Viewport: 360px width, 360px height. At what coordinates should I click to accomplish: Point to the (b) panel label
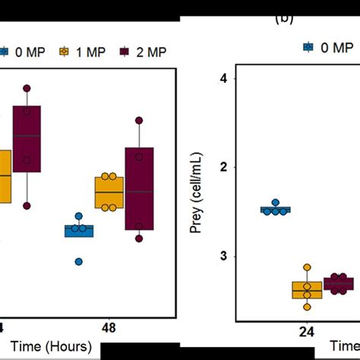pyautogui.click(x=284, y=17)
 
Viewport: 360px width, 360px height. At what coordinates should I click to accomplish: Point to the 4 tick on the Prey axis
pyautogui.click(x=223, y=78)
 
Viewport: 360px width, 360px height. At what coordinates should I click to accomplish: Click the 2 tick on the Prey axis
pyautogui.click(x=223, y=167)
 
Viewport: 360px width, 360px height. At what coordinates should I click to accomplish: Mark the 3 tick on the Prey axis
pyautogui.click(x=223, y=257)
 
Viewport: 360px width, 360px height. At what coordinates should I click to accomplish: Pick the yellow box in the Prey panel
pyautogui.click(x=307, y=289)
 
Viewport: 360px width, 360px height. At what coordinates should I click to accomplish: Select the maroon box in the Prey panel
pyautogui.click(x=339, y=285)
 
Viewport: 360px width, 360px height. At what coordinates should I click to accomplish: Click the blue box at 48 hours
pyautogui.click(x=78, y=230)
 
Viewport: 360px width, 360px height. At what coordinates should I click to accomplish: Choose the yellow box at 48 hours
pyautogui.click(x=109, y=193)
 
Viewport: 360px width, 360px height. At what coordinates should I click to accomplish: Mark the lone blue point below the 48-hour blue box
pyautogui.click(x=78, y=261)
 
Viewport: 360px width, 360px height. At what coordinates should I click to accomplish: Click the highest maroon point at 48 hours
pyautogui.click(x=138, y=120)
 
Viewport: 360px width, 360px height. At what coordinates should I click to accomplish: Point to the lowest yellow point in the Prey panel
pyautogui.click(x=307, y=306)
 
